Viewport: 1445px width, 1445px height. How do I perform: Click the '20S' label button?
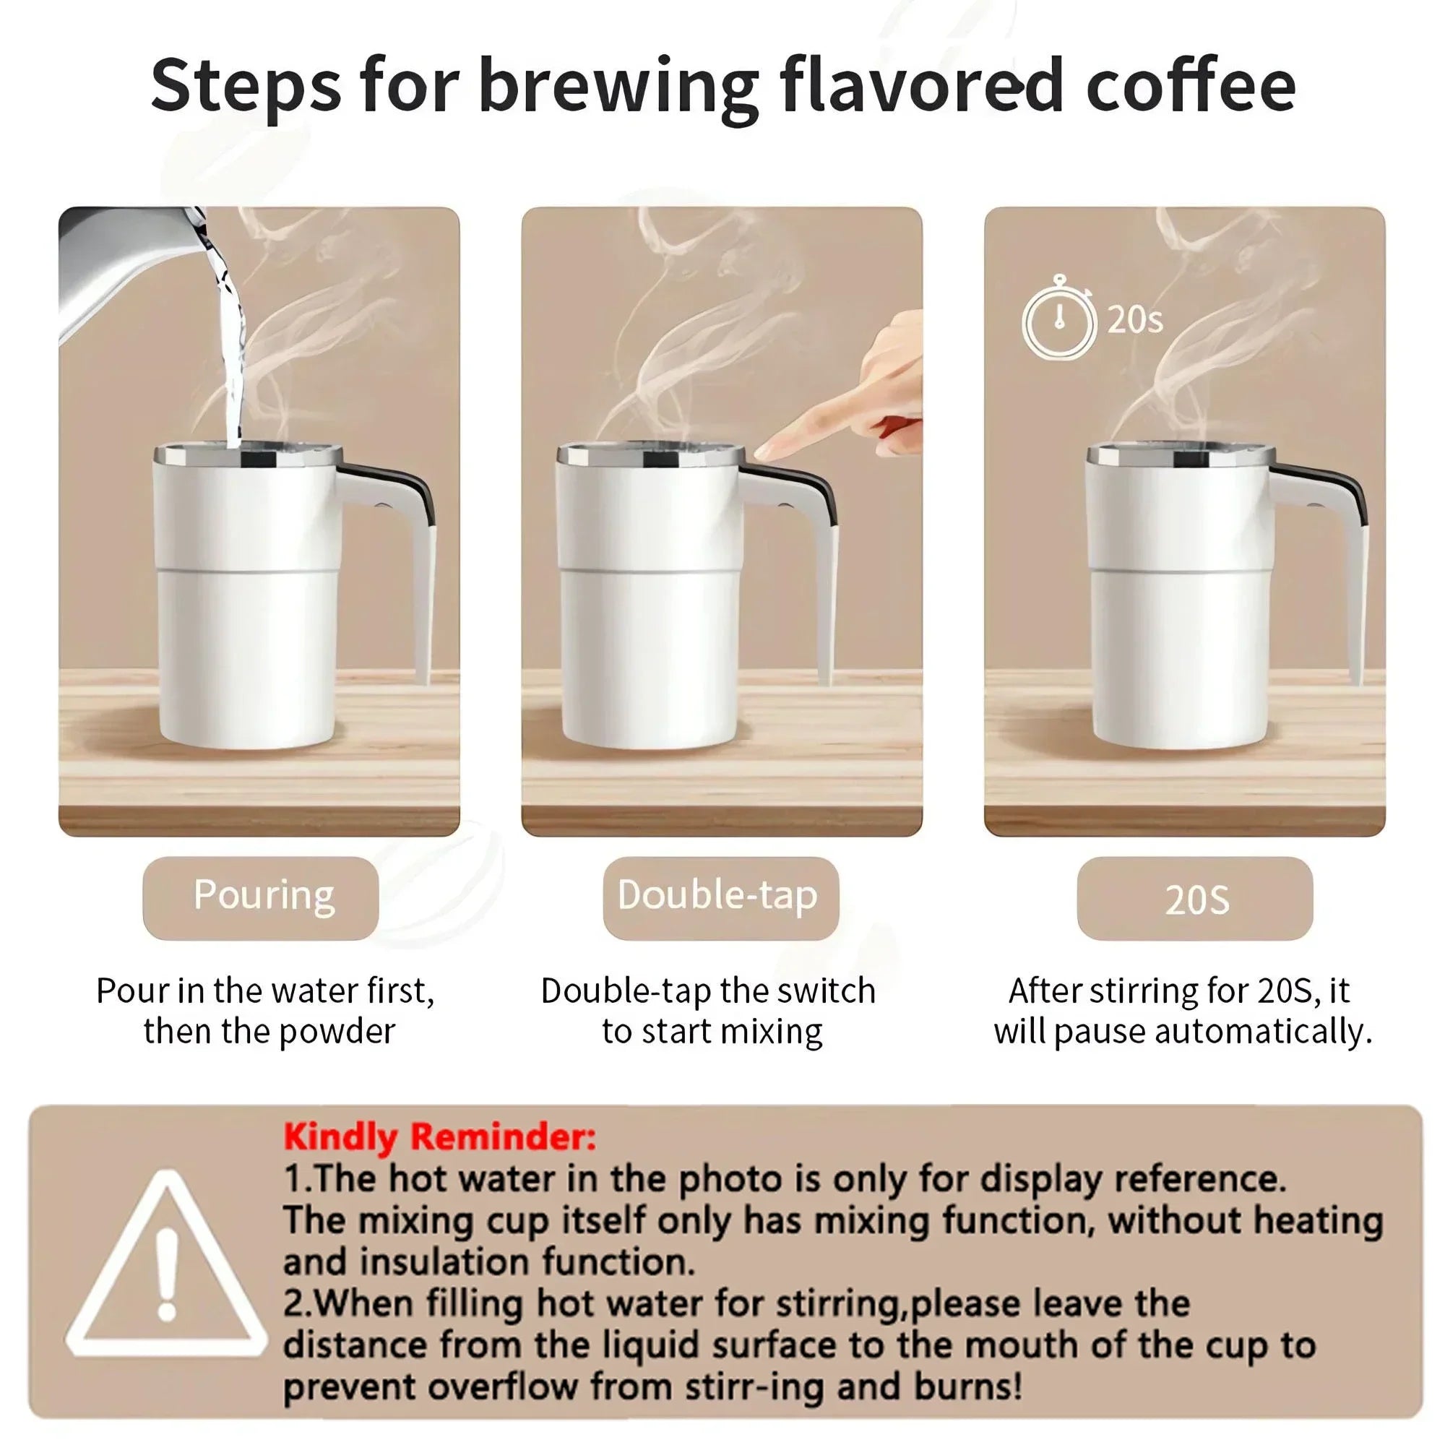coord(1194,898)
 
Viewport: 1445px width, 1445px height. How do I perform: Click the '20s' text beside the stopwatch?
coord(1135,319)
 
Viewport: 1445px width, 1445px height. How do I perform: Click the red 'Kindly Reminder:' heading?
coord(439,1138)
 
